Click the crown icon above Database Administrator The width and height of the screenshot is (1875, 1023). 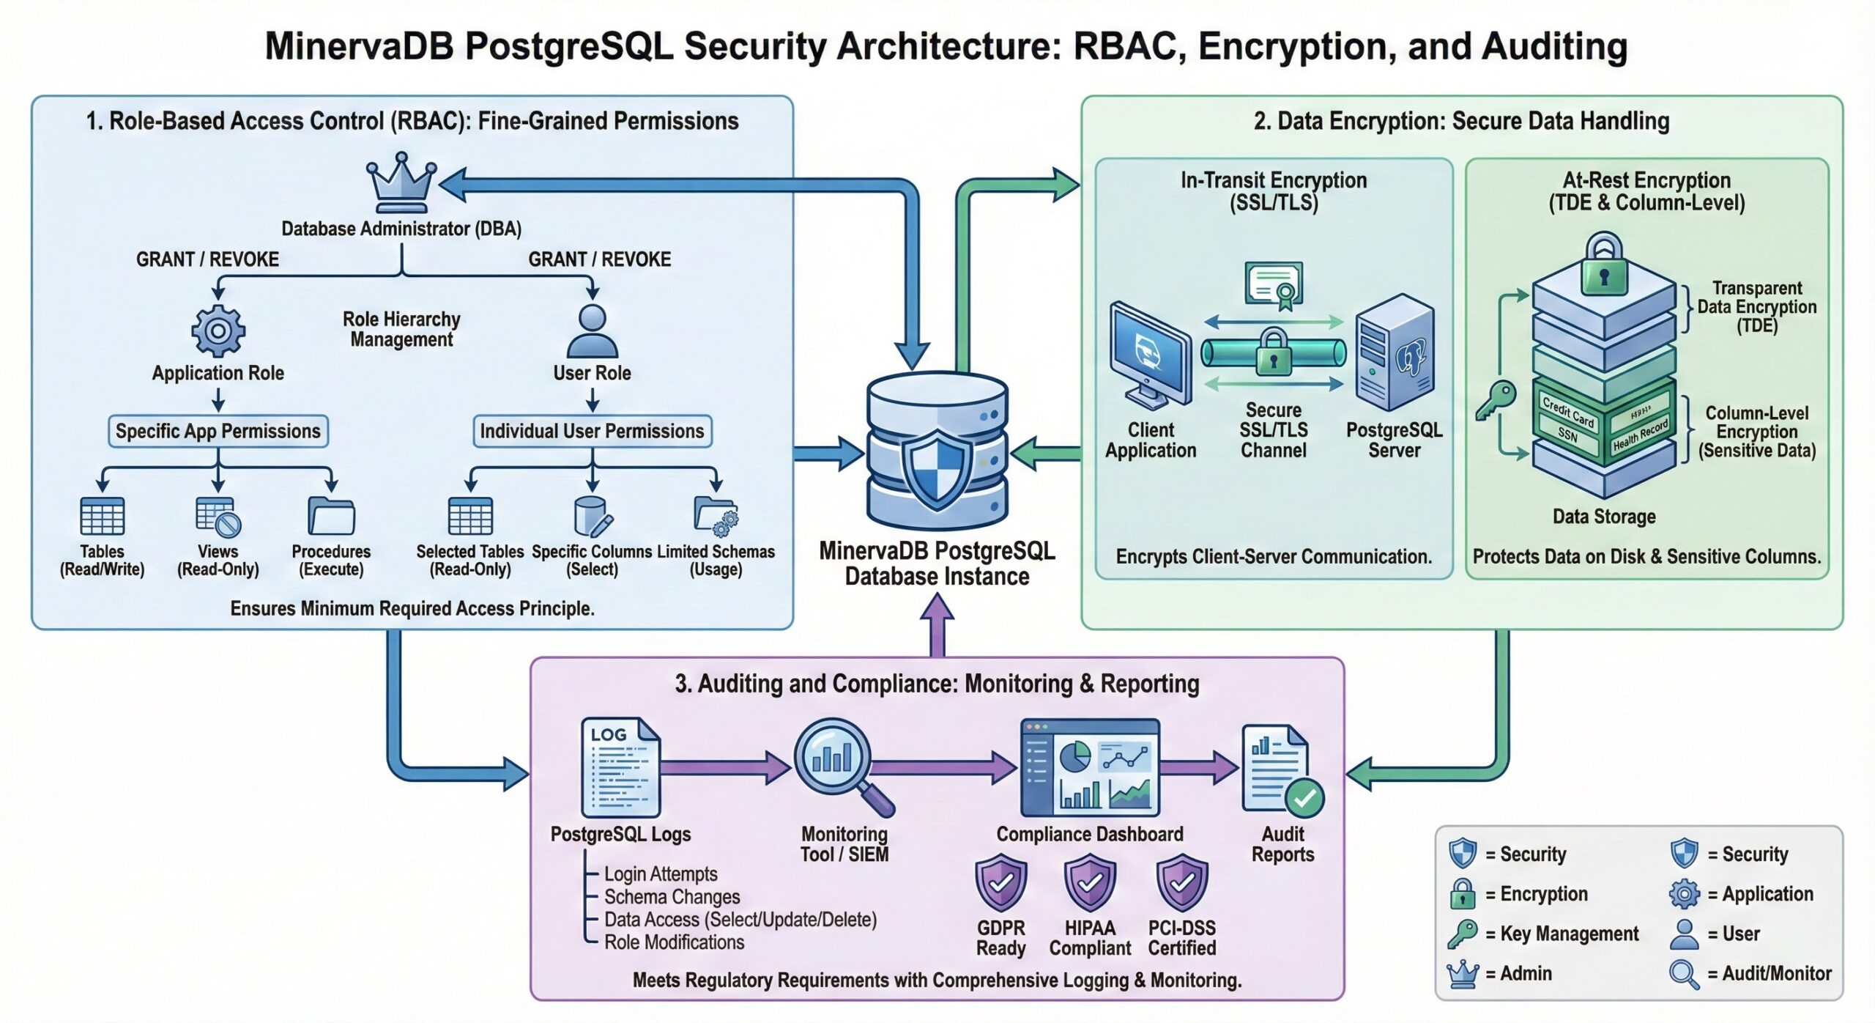[401, 182]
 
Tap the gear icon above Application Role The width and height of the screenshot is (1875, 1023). [218, 330]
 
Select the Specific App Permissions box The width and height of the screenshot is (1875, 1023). [218, 431]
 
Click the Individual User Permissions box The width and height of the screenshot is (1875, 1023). [592, 431]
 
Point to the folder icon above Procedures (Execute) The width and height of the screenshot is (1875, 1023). [331, 516]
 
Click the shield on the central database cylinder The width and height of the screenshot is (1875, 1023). [937, 469]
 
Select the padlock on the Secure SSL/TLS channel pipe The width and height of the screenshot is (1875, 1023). [1274, 352]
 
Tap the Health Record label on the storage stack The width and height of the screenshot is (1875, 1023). [1641, 435]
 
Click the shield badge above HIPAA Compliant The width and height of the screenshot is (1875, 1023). [1090, 883]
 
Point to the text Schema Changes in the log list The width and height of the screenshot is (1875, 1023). [672, 897]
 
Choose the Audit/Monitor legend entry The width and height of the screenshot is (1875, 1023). [1750, 973]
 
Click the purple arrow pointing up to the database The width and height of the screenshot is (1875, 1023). [937, 623]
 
